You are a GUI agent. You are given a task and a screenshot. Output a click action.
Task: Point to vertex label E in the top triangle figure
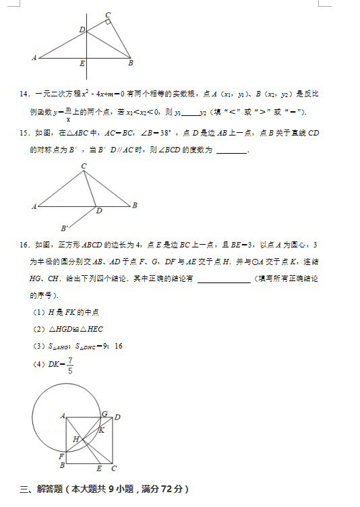(82, 64)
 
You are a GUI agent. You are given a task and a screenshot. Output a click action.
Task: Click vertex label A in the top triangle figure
(34, 58)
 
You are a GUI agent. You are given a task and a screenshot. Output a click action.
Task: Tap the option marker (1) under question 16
(38, 312)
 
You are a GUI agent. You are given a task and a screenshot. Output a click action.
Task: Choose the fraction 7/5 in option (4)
(70, 365)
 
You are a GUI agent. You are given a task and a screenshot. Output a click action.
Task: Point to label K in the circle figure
(102, 429)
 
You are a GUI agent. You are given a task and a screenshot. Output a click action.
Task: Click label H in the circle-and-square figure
(76, 439)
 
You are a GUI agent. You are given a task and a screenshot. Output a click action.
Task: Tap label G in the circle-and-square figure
(104, 413)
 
